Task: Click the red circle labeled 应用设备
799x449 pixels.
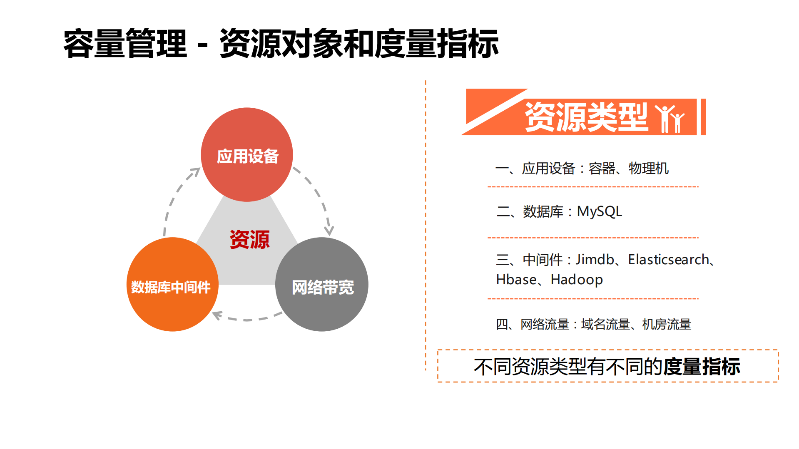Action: point(247,155)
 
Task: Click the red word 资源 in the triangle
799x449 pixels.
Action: point(249,240)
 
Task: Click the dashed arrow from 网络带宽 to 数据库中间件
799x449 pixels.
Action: point(247,319)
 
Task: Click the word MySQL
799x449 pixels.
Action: point(599,212)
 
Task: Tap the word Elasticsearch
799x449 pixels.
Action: point(668,260)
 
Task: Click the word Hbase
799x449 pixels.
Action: point(516,280)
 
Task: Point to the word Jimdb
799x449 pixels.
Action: point(594,260)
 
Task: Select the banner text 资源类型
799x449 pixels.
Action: point(586,117)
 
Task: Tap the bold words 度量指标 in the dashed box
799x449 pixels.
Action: point(701,367)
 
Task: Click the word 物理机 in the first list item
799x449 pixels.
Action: point(648,169)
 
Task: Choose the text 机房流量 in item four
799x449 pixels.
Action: point(667,324)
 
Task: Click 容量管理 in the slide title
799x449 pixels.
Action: point(125,44)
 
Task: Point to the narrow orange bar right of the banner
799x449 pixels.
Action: point(703,117)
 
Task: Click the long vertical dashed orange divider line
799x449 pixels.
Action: point(426,225)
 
